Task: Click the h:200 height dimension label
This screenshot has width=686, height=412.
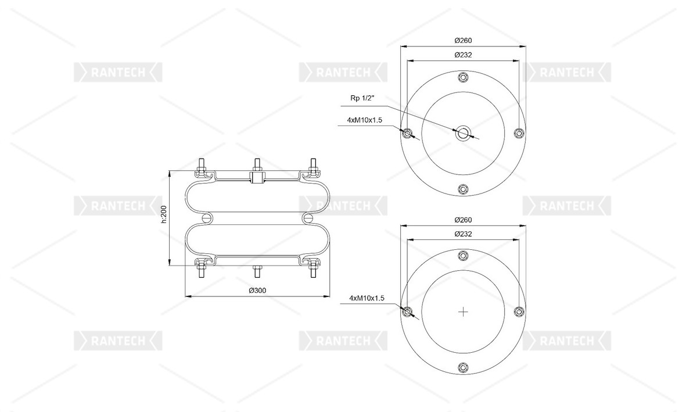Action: tap(164, 214)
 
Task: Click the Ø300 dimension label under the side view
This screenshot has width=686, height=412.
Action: tap(257, 291)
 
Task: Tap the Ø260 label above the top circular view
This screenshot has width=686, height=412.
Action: tap(463, 40)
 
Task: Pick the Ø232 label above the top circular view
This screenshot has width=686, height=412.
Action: tap(463, 55)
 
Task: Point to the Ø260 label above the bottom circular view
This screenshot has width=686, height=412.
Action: tap(463, 220)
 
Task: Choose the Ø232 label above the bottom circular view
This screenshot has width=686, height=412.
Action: tap(463, 234)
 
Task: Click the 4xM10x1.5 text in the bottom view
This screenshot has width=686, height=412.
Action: tap(367, 298)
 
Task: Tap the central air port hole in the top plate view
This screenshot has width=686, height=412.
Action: tap(463, 134)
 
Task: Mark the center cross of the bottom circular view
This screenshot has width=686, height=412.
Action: tap(463, 312)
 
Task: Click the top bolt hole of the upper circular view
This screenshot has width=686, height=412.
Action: tap(463, 78)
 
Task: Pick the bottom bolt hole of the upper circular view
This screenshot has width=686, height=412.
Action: tap(463, 189)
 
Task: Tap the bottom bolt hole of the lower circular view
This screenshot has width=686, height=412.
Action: tap(463, 368)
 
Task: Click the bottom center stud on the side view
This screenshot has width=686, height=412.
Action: tap(257, 271)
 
